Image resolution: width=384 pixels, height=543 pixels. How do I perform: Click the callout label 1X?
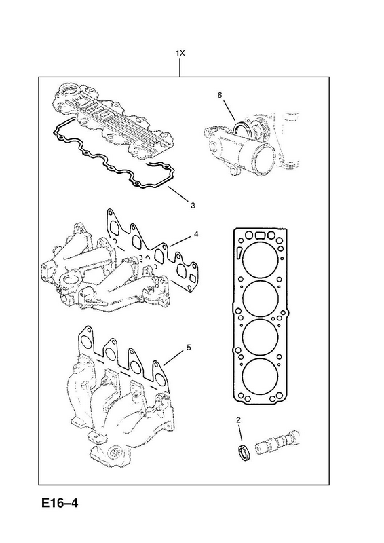tap(180, 53)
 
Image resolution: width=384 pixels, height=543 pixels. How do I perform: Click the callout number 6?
tap(220, 95)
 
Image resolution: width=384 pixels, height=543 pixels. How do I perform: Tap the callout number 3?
tap(193, 206)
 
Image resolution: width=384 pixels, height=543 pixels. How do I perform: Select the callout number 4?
tap(196, 234)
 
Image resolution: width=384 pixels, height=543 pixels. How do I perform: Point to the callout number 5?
tap(189, 348)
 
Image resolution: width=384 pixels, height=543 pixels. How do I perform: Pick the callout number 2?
tap(238, 420)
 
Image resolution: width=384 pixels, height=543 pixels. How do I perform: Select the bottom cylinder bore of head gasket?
tap(261, 376)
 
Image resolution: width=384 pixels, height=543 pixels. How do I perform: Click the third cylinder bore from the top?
tap(261, 337)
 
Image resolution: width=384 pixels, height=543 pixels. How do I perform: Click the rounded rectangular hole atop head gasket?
tap(260, 236)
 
